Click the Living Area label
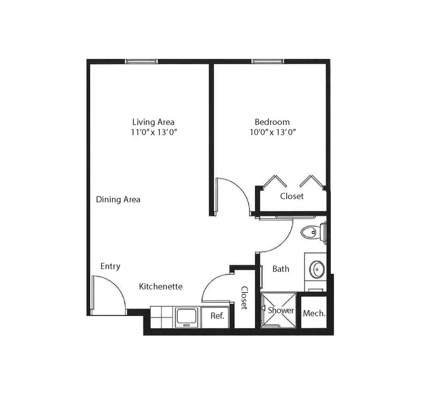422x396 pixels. coord(153,122)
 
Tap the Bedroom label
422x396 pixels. coord(272,122)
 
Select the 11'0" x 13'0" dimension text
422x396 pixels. coord(154,132)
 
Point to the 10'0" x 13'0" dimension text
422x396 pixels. coord(273,132)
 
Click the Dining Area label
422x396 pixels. coord(118,200)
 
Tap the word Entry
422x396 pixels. coord(110,266)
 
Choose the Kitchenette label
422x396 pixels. coord(161,286)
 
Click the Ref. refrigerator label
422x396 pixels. coord(217,315)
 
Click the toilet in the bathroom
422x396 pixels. coord(314,232)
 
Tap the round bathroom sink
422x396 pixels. coord(317,269)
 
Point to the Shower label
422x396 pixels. coord(281,311)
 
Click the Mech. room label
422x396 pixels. coord(314,313)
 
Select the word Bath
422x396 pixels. coord(281,269)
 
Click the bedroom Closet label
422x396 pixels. coord(292,196)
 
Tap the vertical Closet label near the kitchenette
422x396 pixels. coord(244,298)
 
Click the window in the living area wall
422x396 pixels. coord(141,62)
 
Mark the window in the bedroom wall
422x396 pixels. coord(267,62)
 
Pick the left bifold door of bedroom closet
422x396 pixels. coord(275,181)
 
